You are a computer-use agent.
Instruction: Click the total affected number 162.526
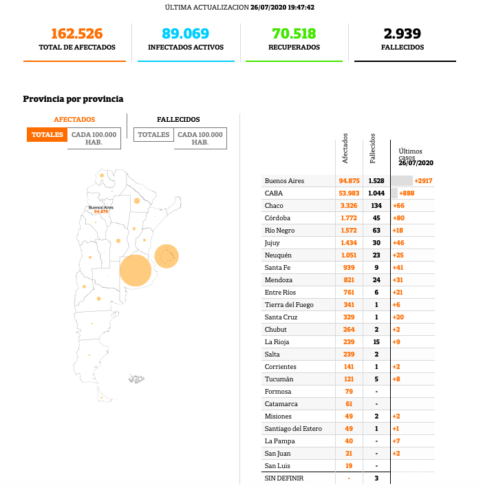(x=76, y=34)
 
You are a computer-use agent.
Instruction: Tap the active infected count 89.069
(x=185, y=34)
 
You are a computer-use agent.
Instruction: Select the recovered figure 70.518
(x=294, y=34)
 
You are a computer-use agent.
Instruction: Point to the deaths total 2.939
(x=402, y=34)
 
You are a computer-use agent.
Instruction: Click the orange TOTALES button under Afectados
(x=47, y=135)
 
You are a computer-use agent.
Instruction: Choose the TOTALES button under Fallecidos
(x=153, y=135)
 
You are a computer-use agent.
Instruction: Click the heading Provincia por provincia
(x=73, y=99)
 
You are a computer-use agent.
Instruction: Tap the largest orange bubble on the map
(x=136, y=271)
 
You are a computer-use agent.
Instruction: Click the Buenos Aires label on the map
(x=100, y=207)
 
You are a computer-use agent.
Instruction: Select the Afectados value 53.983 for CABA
(x=349, y=193)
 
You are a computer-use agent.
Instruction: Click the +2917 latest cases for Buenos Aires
(x=423, y=181)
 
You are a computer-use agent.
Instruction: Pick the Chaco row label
(x=274, y=206)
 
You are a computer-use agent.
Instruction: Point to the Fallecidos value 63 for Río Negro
(x=376, y=231)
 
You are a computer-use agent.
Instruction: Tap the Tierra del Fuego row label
(x=289, y=305)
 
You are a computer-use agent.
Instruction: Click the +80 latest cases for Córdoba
(x=398, y=218)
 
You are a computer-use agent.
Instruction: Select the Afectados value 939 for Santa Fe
(x=349, y=268)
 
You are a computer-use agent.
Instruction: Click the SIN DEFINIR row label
(x=283, y=478)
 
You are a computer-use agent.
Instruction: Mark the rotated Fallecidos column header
(x=372, y=148)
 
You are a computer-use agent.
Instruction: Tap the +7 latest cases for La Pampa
(x=397, y=441)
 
